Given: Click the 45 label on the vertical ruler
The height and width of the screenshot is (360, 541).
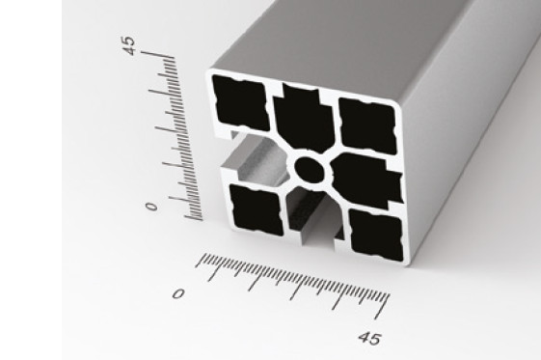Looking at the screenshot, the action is click(129, 45).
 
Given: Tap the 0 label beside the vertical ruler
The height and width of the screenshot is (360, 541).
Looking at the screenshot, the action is click(151, 207).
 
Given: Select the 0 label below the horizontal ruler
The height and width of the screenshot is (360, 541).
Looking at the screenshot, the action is click(178, 293).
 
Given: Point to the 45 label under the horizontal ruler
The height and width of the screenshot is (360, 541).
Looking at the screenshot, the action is click(369, 338).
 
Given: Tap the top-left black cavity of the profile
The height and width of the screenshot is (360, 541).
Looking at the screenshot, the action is click(240, 102).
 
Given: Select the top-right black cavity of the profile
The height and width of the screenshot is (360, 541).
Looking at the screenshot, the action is click(367, 125).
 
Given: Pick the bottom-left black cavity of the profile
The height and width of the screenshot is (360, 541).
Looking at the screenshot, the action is click(257, 210).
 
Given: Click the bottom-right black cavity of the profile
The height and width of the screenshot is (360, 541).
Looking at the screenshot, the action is click(376, 235).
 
